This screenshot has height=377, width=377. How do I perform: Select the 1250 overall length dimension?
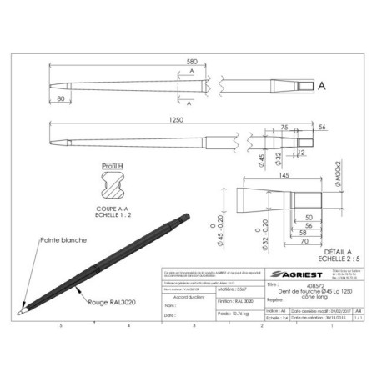175,120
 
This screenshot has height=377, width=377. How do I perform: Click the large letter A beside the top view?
321,85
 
